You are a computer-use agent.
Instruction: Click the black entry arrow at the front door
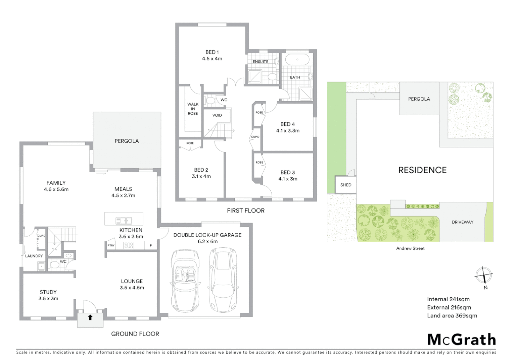pos(90,317)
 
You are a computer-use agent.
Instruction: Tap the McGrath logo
pos(461,340)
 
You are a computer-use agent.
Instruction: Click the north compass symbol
pos(483,276)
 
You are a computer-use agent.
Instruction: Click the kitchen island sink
pos(124,221)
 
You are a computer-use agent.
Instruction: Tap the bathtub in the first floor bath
pos(297,60)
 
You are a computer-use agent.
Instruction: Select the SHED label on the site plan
pos(345,185)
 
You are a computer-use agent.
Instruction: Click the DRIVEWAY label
pos(462,222)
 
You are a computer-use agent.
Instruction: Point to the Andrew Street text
pos(410,248)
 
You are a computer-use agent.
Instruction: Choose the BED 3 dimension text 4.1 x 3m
pos(288,179)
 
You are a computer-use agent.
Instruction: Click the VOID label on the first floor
pos(217,115)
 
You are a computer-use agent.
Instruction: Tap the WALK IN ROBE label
pos(193,109)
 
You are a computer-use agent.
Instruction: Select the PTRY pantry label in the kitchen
pos(111,245)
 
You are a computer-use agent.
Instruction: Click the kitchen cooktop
pos(129,245)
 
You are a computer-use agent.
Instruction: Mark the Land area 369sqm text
pos(452,315)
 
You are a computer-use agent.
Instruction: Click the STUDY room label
pos(48,292)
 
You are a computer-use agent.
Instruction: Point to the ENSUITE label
pos(260,62)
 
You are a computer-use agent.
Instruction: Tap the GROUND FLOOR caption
pos(135,334)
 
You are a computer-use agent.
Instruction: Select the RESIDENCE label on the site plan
pos(422,170)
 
